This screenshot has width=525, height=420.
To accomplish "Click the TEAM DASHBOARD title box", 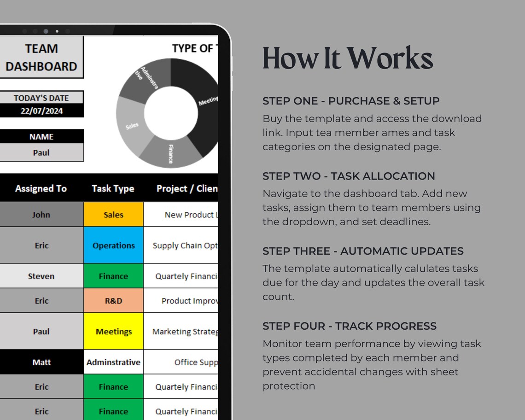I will [41, 58].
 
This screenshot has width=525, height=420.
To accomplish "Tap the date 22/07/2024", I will [41, 111].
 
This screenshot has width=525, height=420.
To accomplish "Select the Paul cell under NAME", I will [41, 152].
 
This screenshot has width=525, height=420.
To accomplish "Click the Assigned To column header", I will [41, 188].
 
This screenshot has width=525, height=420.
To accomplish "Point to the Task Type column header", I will [113, 188].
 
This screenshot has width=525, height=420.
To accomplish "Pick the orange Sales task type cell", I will [113, 215].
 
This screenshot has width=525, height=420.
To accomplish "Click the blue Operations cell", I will [113, 245].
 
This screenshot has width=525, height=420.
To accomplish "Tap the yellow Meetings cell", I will [113, 332].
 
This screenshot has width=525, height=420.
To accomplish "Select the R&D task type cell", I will [113, 301].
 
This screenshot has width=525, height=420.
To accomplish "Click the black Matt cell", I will [41, 362].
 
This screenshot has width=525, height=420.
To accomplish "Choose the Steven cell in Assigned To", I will [41, 276].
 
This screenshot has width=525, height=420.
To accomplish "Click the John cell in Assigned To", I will [41, 215].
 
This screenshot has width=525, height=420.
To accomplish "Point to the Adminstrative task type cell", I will [113, 362].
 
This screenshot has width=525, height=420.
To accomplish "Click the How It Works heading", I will [348, 58].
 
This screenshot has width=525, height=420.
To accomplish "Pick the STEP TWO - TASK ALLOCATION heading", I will [349, 176].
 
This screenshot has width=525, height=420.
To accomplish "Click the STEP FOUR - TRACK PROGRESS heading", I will [350, 326].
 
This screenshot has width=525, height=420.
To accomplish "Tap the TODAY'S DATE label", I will [41, 98].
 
